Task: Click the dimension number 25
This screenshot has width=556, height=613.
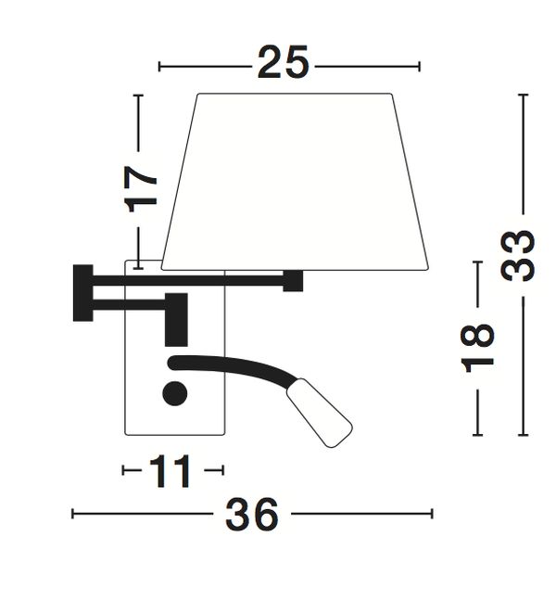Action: click(x=284, y=62)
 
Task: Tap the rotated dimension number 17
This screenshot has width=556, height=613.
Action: click(x=141, y=189)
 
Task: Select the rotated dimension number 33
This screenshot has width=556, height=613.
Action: click(x=518, y=256)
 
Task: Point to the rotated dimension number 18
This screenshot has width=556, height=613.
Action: click(x=478, y=349)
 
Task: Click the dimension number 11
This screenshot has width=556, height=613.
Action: click(x=171, y=471)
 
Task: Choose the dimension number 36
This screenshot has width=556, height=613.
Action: click(x=252, y=514)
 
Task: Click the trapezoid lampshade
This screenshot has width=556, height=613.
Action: click(x=295, y=182)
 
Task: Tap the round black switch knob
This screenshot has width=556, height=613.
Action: click(x=175, y=393)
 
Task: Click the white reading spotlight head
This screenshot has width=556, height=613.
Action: click(x=320, y=413)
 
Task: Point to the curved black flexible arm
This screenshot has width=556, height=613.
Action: click(x=234, y=365)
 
